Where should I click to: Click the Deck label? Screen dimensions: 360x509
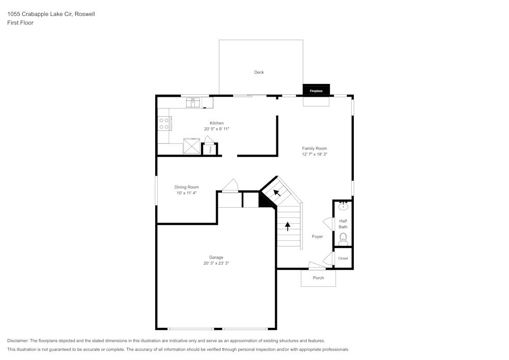[x=259, y=72]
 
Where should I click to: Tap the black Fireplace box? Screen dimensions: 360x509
[x=316, y=91]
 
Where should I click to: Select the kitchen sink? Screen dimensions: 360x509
[x=193, y=102]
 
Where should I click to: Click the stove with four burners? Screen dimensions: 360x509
[x=164, y=124]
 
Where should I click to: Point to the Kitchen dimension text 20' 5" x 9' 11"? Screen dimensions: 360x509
[x=216, y=129]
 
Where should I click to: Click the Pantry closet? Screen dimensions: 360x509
[x=210, y=149]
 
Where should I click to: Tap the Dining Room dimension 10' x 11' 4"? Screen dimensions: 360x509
[x=186, y=193]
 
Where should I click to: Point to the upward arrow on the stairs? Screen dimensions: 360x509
[x=288, y=226]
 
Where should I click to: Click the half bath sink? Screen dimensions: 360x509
[x=344, y=206]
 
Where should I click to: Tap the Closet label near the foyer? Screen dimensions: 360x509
[x=343, y=258]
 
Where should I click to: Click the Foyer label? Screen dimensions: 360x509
[x=317, y=237]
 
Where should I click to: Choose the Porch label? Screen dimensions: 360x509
[x=318, y=278]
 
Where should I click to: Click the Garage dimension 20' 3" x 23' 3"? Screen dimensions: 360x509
[x=216, y=263]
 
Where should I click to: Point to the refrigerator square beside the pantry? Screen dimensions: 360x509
[x=192, y=146]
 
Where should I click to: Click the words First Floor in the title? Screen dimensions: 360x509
[x=20, y=23]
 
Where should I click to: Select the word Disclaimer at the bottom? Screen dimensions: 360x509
[x=18, y=341]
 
